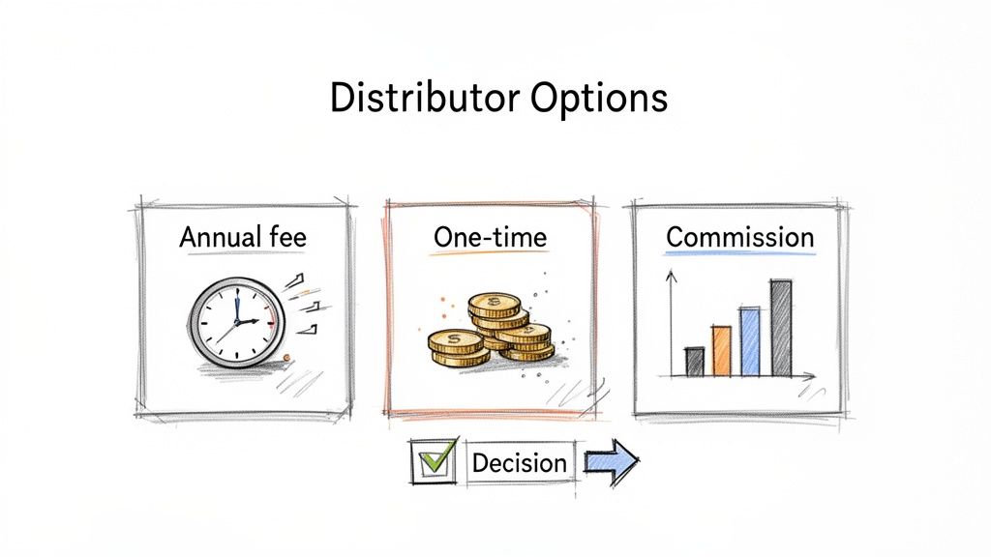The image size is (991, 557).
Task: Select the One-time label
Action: click(490, 237)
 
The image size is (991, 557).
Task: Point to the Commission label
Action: click(740, 237)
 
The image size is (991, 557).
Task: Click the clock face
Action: click(236, 321)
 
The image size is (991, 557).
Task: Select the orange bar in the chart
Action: click(721, 350)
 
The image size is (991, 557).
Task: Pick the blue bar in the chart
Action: click(750, 341)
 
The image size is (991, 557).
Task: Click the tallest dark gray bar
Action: click(781, 328)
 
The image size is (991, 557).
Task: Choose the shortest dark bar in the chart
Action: click(694, 362)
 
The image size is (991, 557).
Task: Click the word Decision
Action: click(519, 462)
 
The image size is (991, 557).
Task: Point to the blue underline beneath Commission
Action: click(740, 254)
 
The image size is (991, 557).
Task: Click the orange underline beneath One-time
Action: click(490, 254)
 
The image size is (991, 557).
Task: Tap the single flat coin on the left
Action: click(455, 340)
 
